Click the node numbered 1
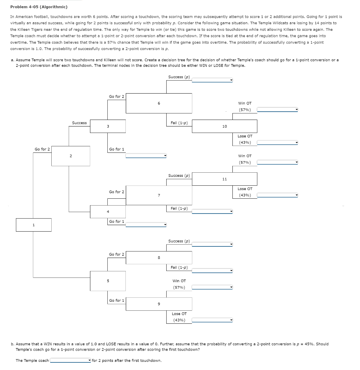click(34, 225)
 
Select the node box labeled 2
click(71, 156)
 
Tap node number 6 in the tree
click(159, 103)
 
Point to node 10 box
click(224, 126)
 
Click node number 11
click(224, 179)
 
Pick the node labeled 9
click(159, 304)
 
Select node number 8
click(159, 258)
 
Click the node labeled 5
click(108, 281)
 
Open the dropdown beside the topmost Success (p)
click(212, 80)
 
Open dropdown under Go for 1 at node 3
click(146, 156)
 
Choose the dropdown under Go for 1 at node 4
click(146, 225)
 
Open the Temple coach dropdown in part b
click(70, 360)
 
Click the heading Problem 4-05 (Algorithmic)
click(39, 7)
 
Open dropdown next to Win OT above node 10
click(277, 109)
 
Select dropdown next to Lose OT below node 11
click(277, 195)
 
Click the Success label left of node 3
click(79, 123)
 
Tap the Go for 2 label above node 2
click(42, 149)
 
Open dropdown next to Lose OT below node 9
click(212, 320)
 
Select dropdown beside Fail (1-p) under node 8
click(212, 271)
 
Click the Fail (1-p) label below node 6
click(179, 123)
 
